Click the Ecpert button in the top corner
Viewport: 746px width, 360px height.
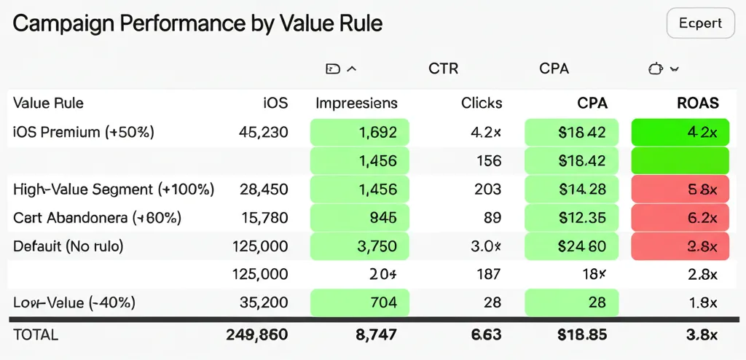click(x=700, y=23)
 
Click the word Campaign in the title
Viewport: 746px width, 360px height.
click(x=61, y=23)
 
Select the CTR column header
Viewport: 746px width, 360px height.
click(x=443, y=69)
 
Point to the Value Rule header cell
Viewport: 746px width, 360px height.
click(x=48, y=103)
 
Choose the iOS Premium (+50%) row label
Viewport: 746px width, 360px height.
click(x=84, y=132)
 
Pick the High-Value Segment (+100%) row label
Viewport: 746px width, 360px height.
click(x=114, y=189)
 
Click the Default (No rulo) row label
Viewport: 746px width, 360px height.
click(x=68, y=246)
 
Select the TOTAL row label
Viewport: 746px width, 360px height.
click(x=36, y=335)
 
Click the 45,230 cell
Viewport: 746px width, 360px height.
click(x=263, y=132)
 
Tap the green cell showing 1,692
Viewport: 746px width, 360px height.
click(x=360, y=132)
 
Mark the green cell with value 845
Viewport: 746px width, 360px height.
click(x=360, y=218)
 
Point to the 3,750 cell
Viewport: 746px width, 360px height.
click(x=360, y=246)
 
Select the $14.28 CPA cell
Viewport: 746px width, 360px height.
click(x=571, y=189)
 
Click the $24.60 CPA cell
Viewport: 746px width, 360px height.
click(x=571, y=246)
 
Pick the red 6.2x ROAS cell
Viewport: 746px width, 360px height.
click(x=680, y=218)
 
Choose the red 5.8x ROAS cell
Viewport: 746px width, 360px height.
click(x=680, y=189)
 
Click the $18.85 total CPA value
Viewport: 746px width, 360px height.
click(x=582, y=335)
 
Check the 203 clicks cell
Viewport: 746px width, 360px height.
click(x=487, y=189)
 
